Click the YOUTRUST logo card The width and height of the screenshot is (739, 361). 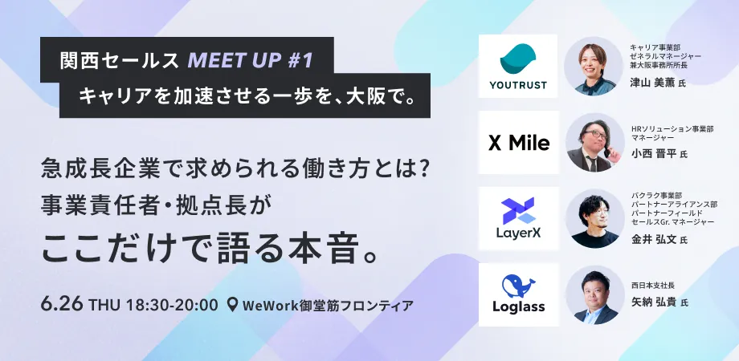pyautogui.click(x=518, y=66)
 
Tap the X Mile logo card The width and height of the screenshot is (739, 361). pyautogui.click(x=518, y=143)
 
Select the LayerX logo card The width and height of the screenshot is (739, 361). pyautogui.click(x=518, y=218)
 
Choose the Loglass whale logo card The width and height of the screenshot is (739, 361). pyautogui.click(x=518, y=294)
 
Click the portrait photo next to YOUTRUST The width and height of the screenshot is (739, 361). pyautogui.click(x=594, y=67)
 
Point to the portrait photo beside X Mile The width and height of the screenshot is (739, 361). pyautogui.click(x=594, y=143)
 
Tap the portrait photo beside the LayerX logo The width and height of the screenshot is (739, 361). pyautogui.click(x=594, y=219)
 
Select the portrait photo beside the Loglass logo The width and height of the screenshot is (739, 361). pyautogui.click(x=594, y=295)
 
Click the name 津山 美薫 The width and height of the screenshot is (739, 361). pyautogui.click(x=653, y=83)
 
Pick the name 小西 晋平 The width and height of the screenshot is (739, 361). pyautogui.click(x=654, y=154)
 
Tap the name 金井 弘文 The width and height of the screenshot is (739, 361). pyautogui.click(x=654, y=240)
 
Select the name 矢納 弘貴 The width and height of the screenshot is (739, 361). pyautogui.click(x=654, y=302)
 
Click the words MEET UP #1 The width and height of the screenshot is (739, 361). pyautogui.click(x=251, y=61)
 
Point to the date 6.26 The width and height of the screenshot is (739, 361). pyautogui.click(x=62, y=304)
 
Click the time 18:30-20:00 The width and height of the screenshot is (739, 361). pyautogui.click(x=172, y=305)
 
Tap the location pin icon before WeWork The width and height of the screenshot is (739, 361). pyautogui.click(x=232, y=305)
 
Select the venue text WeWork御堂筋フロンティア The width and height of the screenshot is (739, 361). pyautogui.click(x=328, y=305)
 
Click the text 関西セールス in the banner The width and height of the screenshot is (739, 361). pyautogui.click(x=120, y=61)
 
